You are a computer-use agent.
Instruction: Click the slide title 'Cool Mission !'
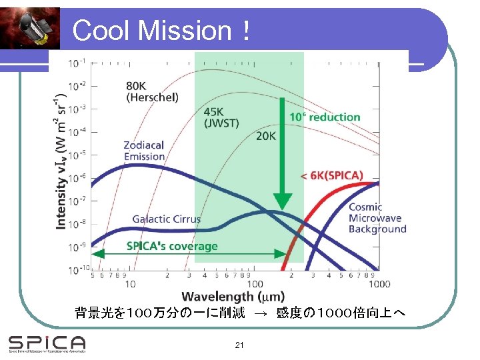pos(162,31)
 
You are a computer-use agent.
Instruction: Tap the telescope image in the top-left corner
pos(30,28)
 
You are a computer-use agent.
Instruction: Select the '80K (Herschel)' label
pos(152,91)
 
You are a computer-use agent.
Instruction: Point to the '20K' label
pos(265,137)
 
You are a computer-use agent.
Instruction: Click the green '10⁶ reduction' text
pos(324,117)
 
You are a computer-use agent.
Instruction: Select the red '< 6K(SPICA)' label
pos(332,176)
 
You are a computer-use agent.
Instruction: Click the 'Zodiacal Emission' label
pos(144,151)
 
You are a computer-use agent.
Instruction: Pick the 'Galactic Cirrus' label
pos(166,219)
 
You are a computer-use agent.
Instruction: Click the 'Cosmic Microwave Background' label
pos(377,218)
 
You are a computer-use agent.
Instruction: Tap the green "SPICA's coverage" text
pos(172,246)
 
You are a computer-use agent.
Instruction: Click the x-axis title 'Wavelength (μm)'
pos(233,296)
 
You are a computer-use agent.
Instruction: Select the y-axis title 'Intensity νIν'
pos(61,163)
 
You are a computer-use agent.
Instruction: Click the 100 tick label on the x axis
pos(255,284)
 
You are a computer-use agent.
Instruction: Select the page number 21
pos(239,345)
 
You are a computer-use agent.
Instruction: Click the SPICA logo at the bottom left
pos(47,343)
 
